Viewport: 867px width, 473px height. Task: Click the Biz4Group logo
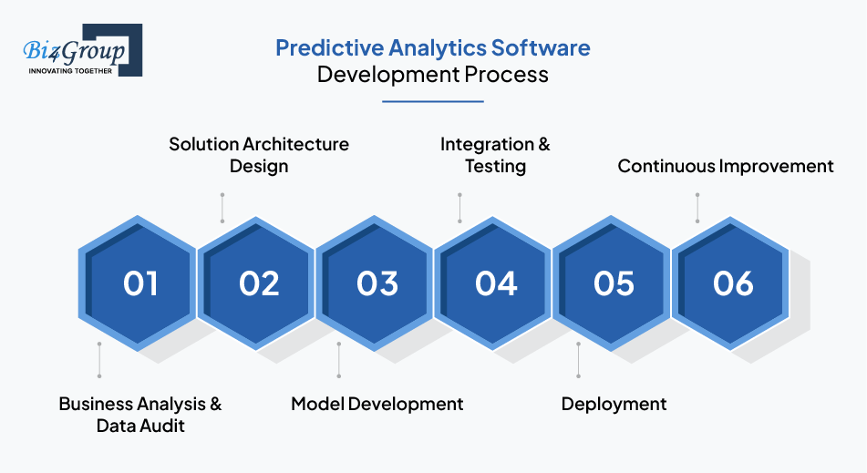pyautogui.click(x=82, y=50)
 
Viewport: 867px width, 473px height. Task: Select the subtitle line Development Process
pyautogui.click(x=432, y=75)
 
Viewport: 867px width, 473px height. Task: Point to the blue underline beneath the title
pyautogui.click(x=433, y=101)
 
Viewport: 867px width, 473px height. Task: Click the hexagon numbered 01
pyautogui.click(x=137, y=283)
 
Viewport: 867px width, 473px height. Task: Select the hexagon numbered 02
pyautogui.click(x=256, y=283)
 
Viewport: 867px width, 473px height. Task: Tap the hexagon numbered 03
pyautogui.click(x=375, y=283)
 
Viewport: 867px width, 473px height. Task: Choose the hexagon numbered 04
pyautogui.click(x=492, y=283)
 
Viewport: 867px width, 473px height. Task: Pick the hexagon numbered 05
pyautogui.click(x=611, y=283)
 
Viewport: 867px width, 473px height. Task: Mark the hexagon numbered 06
pyautogui.click(x=730, y=283)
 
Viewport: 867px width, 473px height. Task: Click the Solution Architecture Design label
pyautogui.click(x=259, y=155)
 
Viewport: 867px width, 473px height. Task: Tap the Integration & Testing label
pyautogui.click(x=495, y=155)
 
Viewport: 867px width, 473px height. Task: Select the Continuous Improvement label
pyautogui.click(x=726, y=166)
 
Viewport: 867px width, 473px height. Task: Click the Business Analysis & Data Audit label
pyautogui.click(x=140, y=415)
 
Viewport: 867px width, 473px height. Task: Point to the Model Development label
pyautogui.click(x=377, y=404)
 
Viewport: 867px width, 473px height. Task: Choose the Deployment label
pyautogui.click(x=614, y=405)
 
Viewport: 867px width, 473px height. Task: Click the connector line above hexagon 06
pyautogui.click(x=697, y=208)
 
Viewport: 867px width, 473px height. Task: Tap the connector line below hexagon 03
pyautogui.click(x=339, y=360)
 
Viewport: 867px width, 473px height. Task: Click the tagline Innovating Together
pyautogui.click(x=70, y=71)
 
